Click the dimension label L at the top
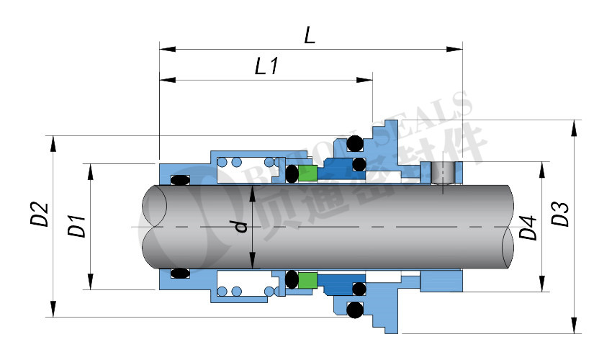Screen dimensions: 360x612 pyautogui.click(x=310, y=35)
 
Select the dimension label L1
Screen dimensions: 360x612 pyautogui.click(x=266, y=67)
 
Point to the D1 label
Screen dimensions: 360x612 pyautogui.click(x=76, y=225)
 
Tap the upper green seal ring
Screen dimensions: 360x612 pyautogui.click(x=308, y=174)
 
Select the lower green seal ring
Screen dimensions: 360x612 pyautogui.click(x=308, y=279)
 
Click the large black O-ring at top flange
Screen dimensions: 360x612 pyautogui.click(x=355, y=145)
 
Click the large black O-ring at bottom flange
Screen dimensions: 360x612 pyautogui.click(x=354, y=310)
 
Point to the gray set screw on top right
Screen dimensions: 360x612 pyautogui.click(x=444, y=173)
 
